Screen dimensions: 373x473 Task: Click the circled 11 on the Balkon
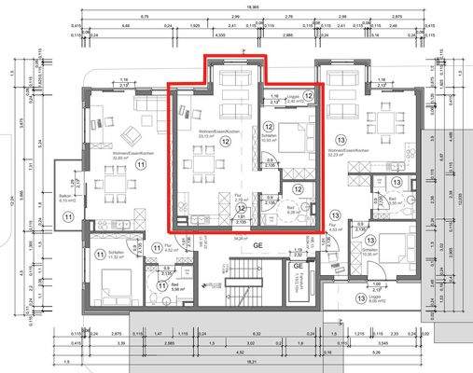click(68, 216)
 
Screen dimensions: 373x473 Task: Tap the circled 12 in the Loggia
click(309, 95)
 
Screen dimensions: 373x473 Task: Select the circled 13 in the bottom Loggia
click(361, 299)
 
